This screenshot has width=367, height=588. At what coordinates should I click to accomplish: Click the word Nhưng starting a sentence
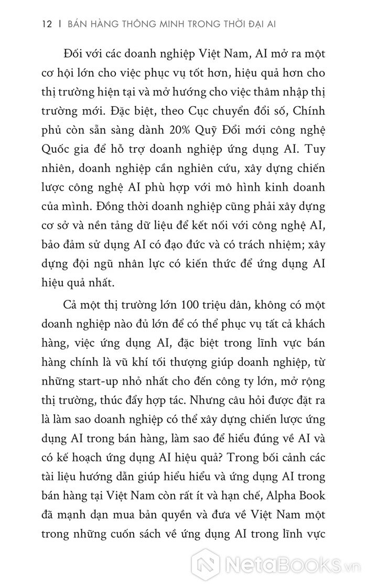[209, 409]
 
